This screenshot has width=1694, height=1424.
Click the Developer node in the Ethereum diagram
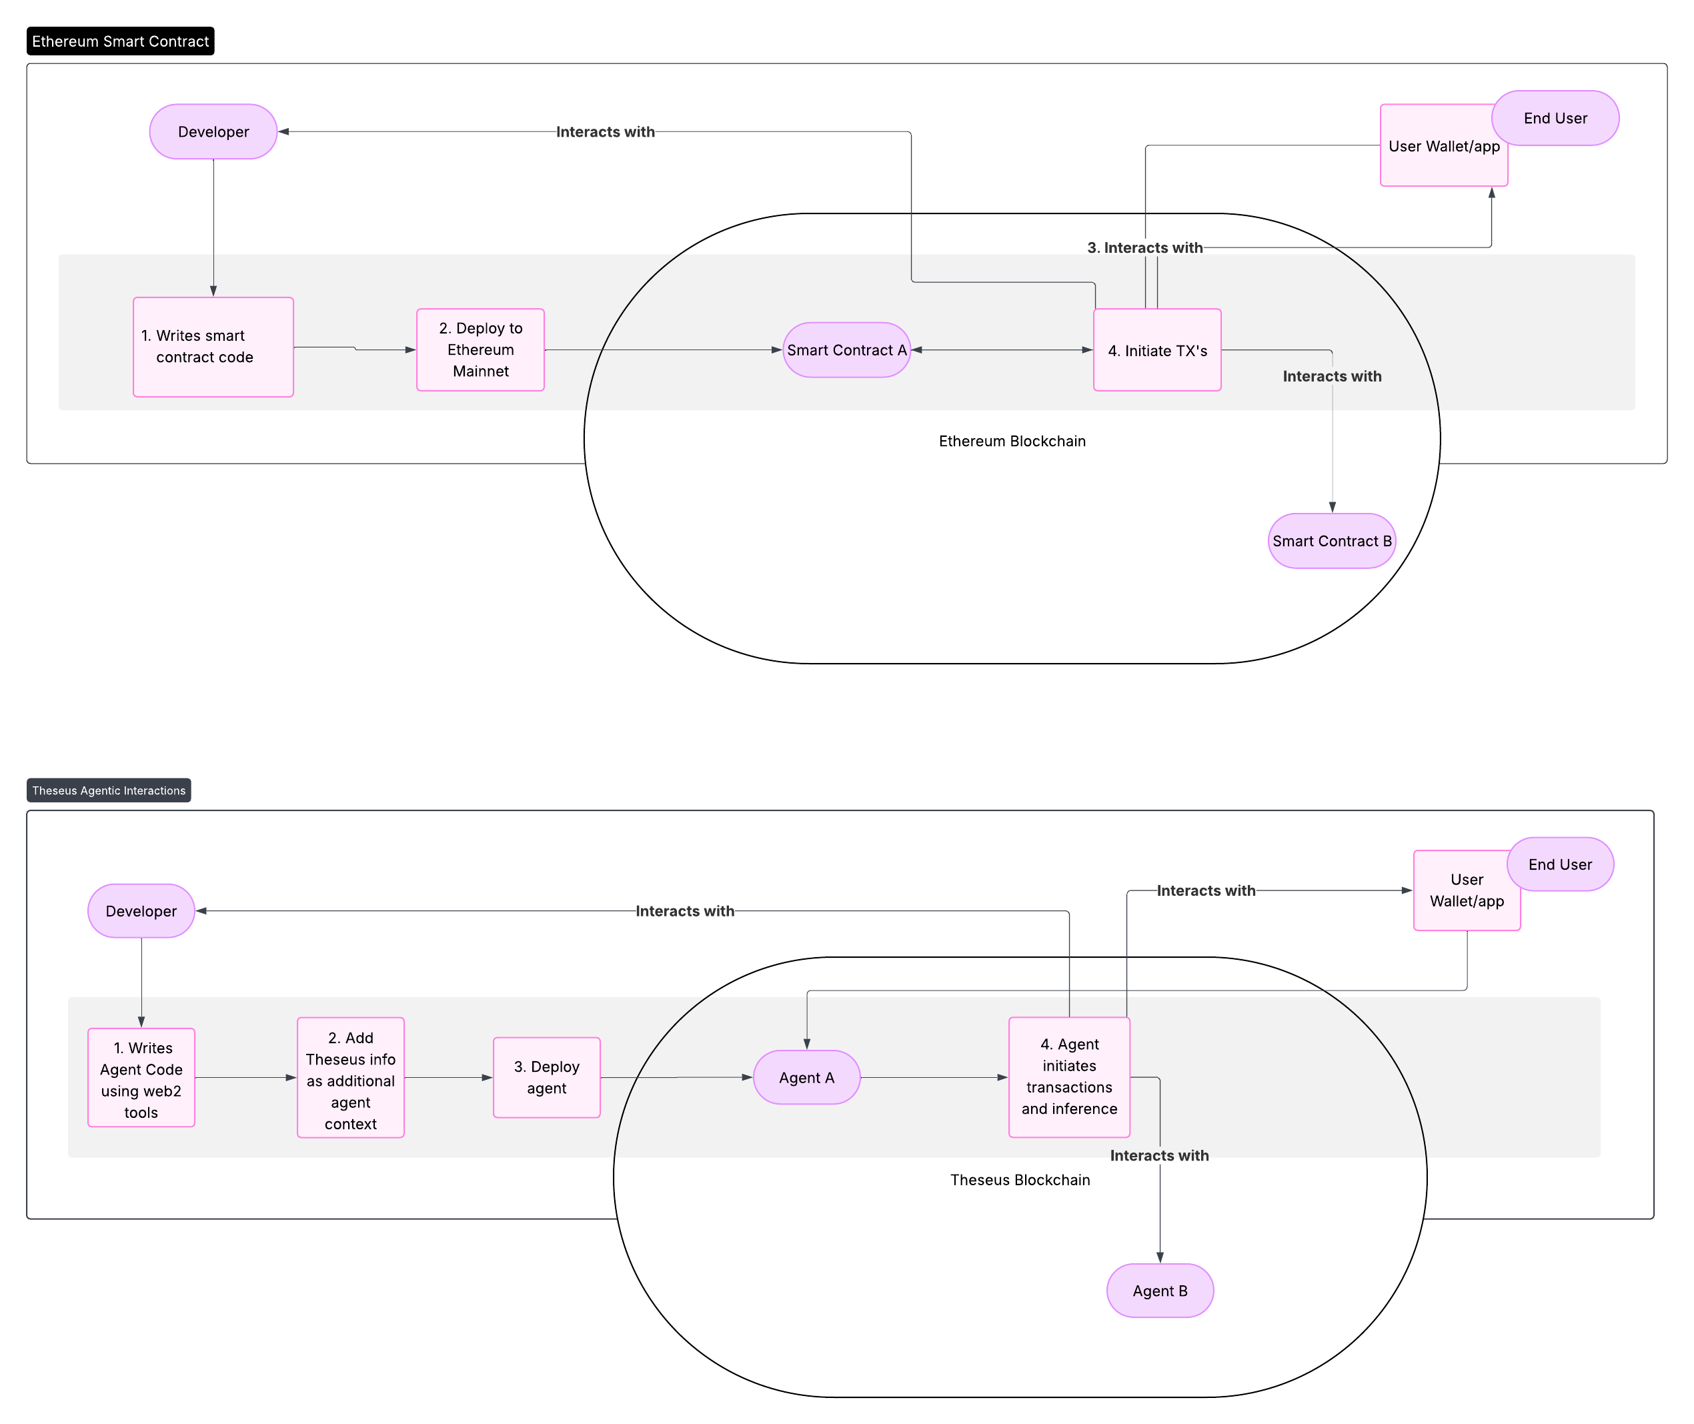tap(213, 131)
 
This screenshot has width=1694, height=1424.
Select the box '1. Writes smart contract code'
tap(213, 347)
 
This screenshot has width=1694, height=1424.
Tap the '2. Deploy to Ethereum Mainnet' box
tap(480, 349)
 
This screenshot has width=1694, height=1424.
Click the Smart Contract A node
tap(846, 349)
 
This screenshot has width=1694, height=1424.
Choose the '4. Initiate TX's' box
tap(1156, 350)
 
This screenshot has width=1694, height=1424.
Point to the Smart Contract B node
tap(1332, 541)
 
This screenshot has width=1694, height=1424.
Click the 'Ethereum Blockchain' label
tap(1012, 441)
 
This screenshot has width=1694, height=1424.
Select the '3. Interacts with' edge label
tap(1144, 248)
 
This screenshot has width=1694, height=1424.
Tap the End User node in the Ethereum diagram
tap(1555, 118)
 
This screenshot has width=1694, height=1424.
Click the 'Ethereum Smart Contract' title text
tap(120, 41)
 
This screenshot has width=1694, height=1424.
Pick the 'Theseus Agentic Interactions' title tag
tap(109, 790)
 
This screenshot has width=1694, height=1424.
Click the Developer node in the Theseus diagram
tap(141, 910)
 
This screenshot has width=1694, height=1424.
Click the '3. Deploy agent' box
tap(546, 1078)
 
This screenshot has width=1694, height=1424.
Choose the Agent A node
tap(806, 1078)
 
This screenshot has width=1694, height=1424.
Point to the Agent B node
tap(1160, 1291)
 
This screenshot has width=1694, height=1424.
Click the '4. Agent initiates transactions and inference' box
tap(1068, 1078)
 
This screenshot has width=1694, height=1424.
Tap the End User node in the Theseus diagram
tap(1559, 864)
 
